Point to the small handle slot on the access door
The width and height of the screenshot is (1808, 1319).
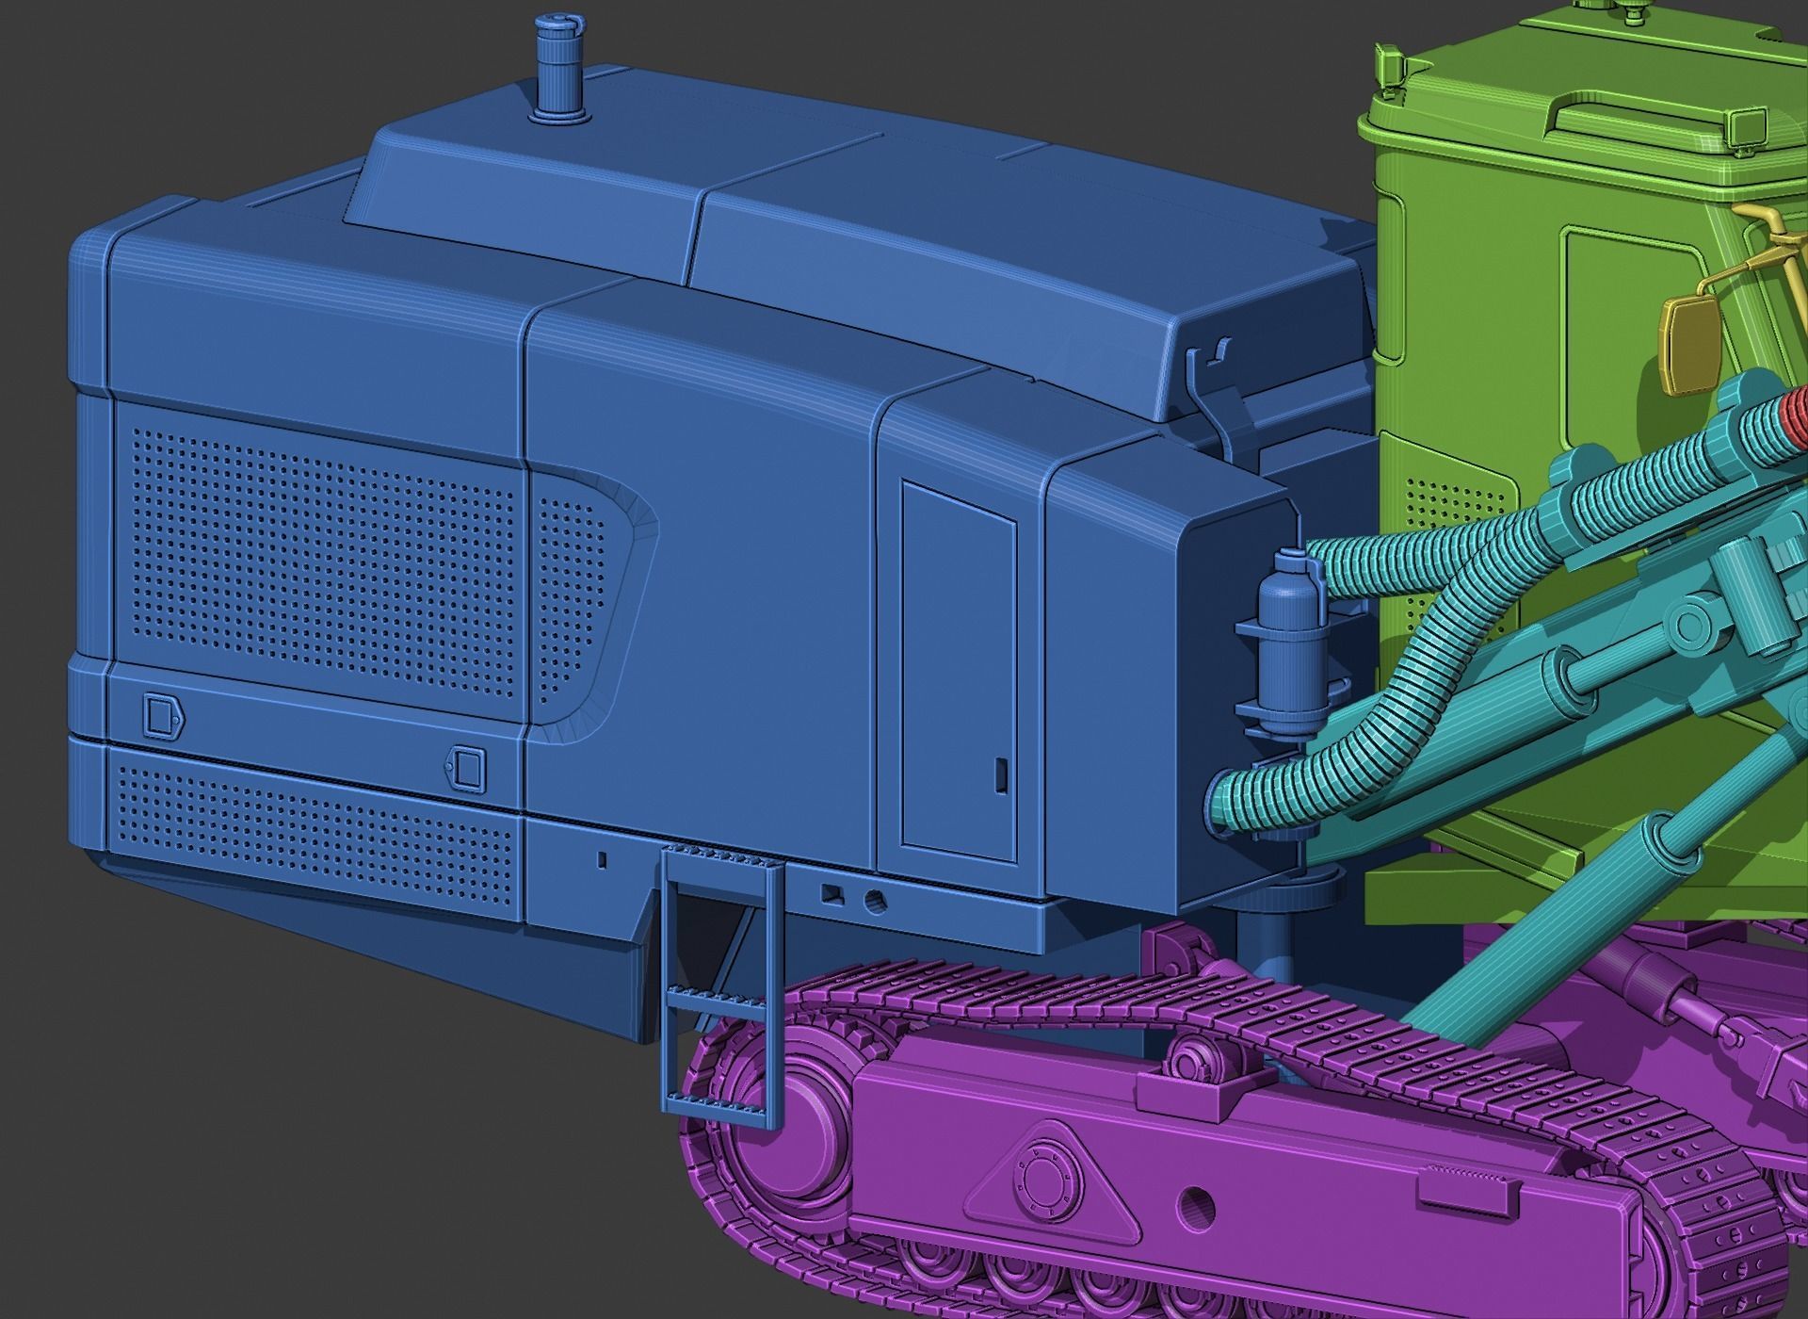(1000, 774)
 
